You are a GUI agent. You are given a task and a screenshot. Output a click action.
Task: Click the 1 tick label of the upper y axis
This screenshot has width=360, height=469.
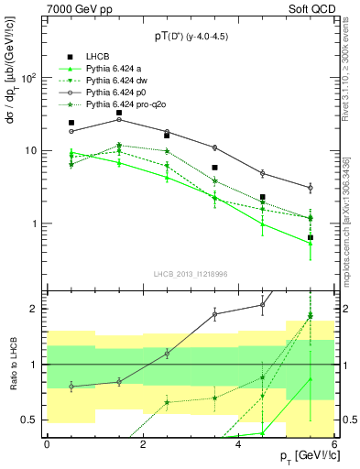click(35, 224)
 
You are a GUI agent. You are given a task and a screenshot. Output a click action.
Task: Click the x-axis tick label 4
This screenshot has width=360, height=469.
click(238, 444)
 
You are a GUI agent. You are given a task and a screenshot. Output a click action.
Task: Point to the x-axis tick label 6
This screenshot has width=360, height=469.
click(333, 444)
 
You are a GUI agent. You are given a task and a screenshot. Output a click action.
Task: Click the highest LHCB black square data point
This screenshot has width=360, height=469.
click(119, 113)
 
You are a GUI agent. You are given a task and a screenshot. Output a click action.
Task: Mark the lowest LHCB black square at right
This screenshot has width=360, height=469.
click(311, 237)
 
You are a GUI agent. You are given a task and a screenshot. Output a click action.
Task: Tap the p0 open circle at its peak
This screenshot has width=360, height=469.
click(119, 119)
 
